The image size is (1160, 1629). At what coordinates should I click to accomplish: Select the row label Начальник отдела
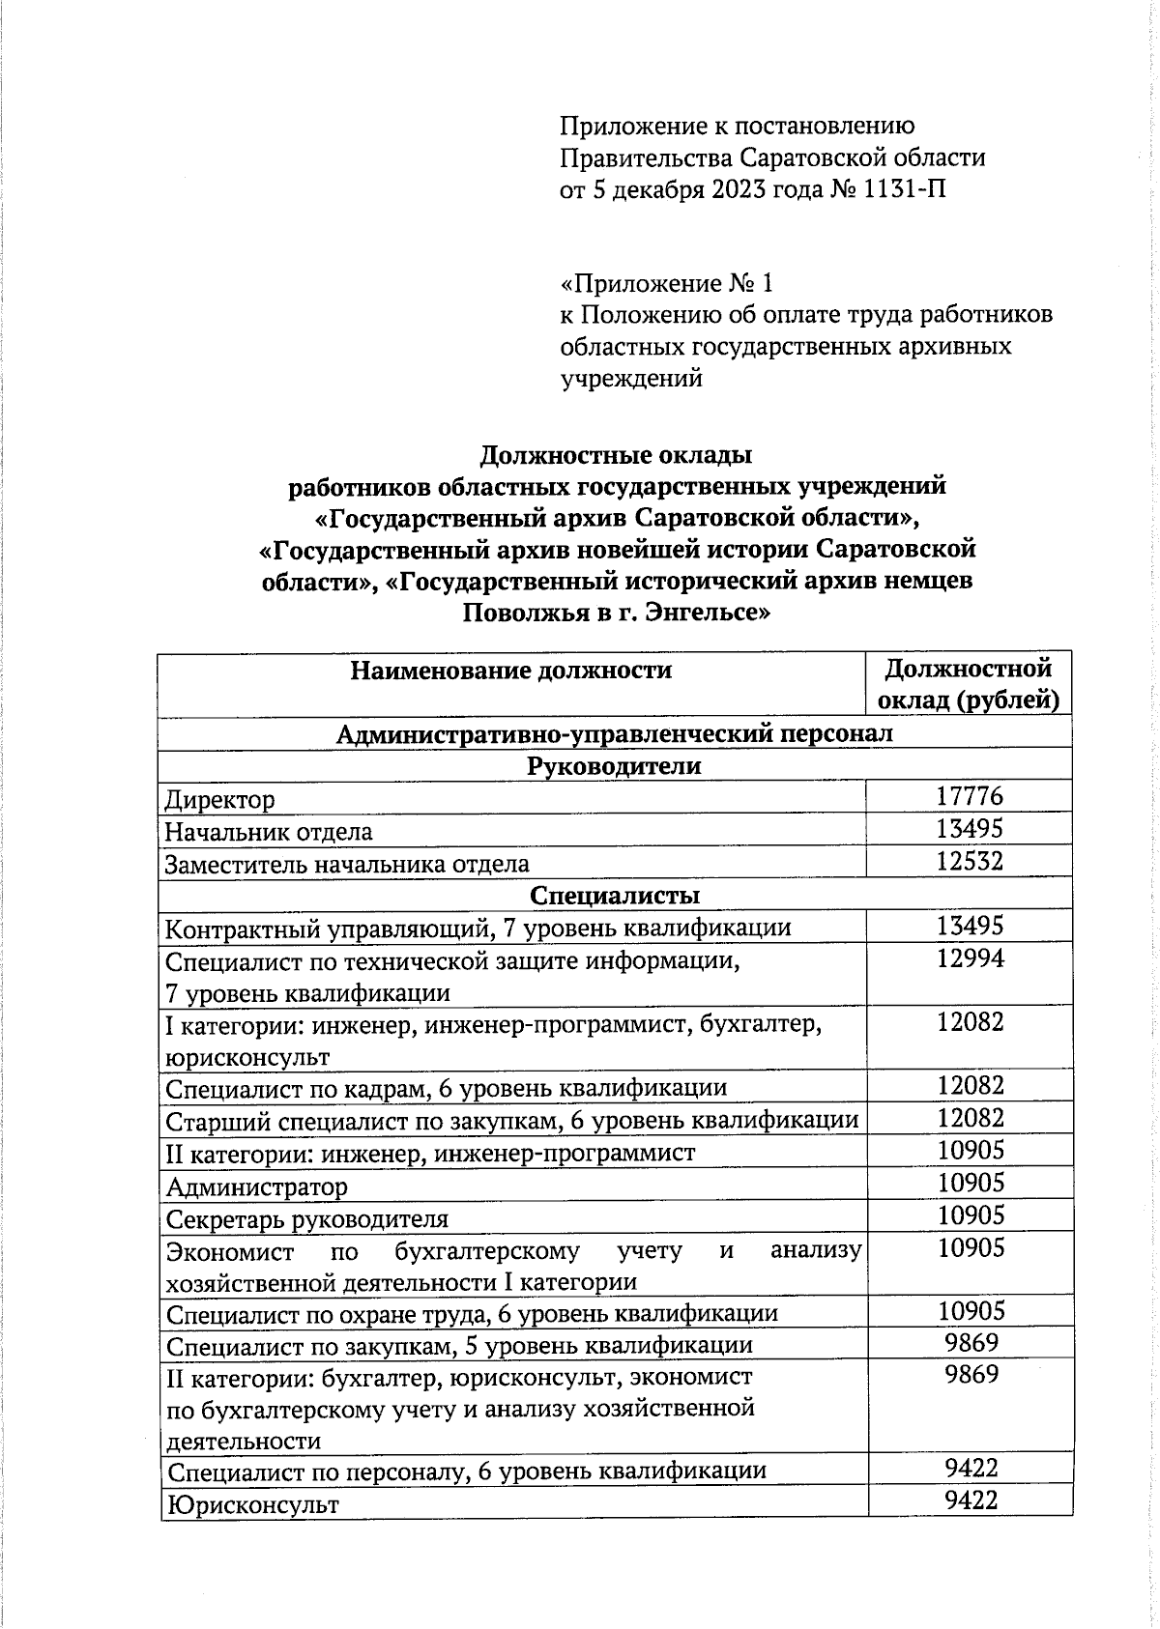click(x=268, y=831)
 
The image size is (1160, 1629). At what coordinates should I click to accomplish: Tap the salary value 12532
click(x=970, y=861)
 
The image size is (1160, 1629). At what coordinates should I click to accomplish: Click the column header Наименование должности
click(x=510, y=670)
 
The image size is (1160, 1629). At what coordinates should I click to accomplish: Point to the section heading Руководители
click(x=615, y=765)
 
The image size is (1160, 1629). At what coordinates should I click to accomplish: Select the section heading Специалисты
click(x=615, y=895)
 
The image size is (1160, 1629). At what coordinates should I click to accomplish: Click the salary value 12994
click(x=970, y=957)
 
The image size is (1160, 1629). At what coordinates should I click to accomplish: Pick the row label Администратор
click(x=256, y=1186)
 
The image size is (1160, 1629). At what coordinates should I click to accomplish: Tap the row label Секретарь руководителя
click(x=306, y=1218)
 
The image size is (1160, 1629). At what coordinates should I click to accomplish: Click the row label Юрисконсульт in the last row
click(x=252, y=1504)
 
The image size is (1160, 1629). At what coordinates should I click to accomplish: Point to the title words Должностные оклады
click(x=616, y=454)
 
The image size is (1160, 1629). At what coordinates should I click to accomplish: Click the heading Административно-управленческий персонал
click(x=615, y=733)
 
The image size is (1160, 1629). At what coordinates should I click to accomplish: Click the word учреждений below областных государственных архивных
click(x=631, y=378)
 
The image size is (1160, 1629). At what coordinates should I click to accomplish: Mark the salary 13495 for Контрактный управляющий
click(x=970, y=926)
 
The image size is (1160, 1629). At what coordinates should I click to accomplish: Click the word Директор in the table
click(x=219, y=799)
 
